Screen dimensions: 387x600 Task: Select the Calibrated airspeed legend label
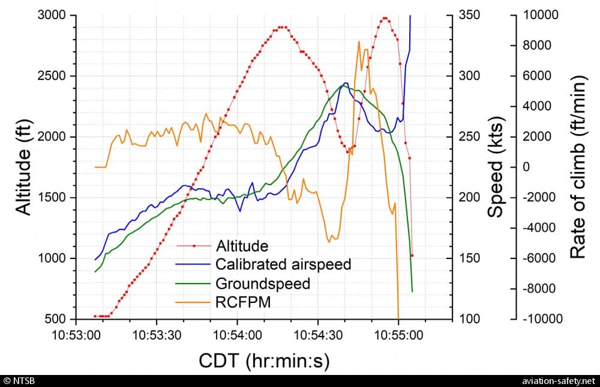pos(283,264)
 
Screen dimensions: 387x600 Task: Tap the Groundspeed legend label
pos(262,284)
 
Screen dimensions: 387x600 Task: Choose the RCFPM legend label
pos(243,303)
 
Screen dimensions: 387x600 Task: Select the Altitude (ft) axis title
pos(23,167)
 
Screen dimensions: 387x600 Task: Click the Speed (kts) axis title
pos(495,167)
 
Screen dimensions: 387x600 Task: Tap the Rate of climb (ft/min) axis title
pos(577,167)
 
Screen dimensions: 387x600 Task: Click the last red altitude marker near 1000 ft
pos(412,255)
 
